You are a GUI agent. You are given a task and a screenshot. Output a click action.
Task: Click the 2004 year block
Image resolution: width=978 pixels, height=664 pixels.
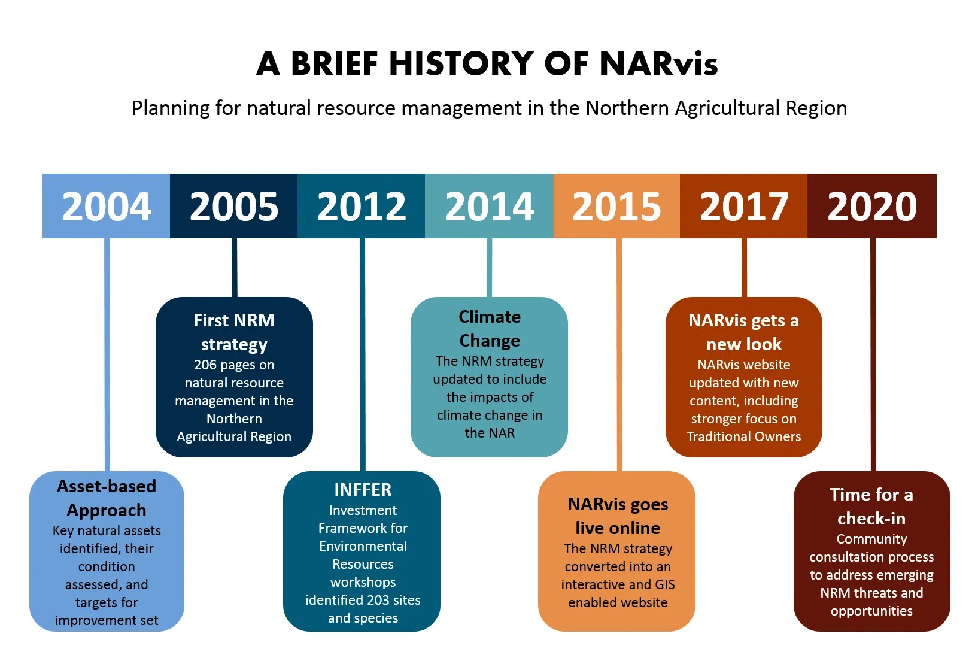click(x=107, y=206)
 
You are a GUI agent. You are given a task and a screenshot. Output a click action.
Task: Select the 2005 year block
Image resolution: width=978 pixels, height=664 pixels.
click(x=234, y=206)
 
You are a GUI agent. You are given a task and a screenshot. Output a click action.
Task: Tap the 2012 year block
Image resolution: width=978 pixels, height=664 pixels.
click(x=362, y=206)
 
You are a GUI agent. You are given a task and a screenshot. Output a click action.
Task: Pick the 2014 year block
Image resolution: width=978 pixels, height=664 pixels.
click(x=489, y=206)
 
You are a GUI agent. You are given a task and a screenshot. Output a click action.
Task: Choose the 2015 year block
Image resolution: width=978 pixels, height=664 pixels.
click(x=616, y=206)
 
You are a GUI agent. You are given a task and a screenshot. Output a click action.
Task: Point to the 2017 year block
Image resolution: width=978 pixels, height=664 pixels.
click(x=744, y=206)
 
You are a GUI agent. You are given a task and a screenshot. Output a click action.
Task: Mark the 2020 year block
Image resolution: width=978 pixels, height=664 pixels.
click(x=872, y=206)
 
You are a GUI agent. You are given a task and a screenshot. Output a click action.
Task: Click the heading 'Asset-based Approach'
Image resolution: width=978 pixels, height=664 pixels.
click(x=107, y=498)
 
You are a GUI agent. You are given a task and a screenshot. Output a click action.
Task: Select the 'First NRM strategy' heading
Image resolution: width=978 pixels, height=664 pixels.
click(x=234, y=332)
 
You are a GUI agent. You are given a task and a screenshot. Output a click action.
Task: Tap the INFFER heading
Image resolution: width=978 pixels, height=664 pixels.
click(x=363, y=490)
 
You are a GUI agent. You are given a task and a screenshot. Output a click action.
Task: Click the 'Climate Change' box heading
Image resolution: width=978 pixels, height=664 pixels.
click(x=490, y=329)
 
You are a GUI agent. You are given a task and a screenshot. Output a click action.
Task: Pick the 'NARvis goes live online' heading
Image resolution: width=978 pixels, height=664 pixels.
click(x=618, y=516)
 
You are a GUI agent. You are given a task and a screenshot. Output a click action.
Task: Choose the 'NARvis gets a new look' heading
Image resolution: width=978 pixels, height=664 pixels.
click(x=744, y=332)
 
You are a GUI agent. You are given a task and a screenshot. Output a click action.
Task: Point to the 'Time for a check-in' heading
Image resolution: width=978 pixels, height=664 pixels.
click(x=871, y=507)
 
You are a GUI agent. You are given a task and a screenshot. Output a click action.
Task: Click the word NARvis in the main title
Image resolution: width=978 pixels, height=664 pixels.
click(x=658, y=63)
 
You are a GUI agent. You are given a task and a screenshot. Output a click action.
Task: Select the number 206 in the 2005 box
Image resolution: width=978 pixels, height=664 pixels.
click(x=205, y=365)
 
